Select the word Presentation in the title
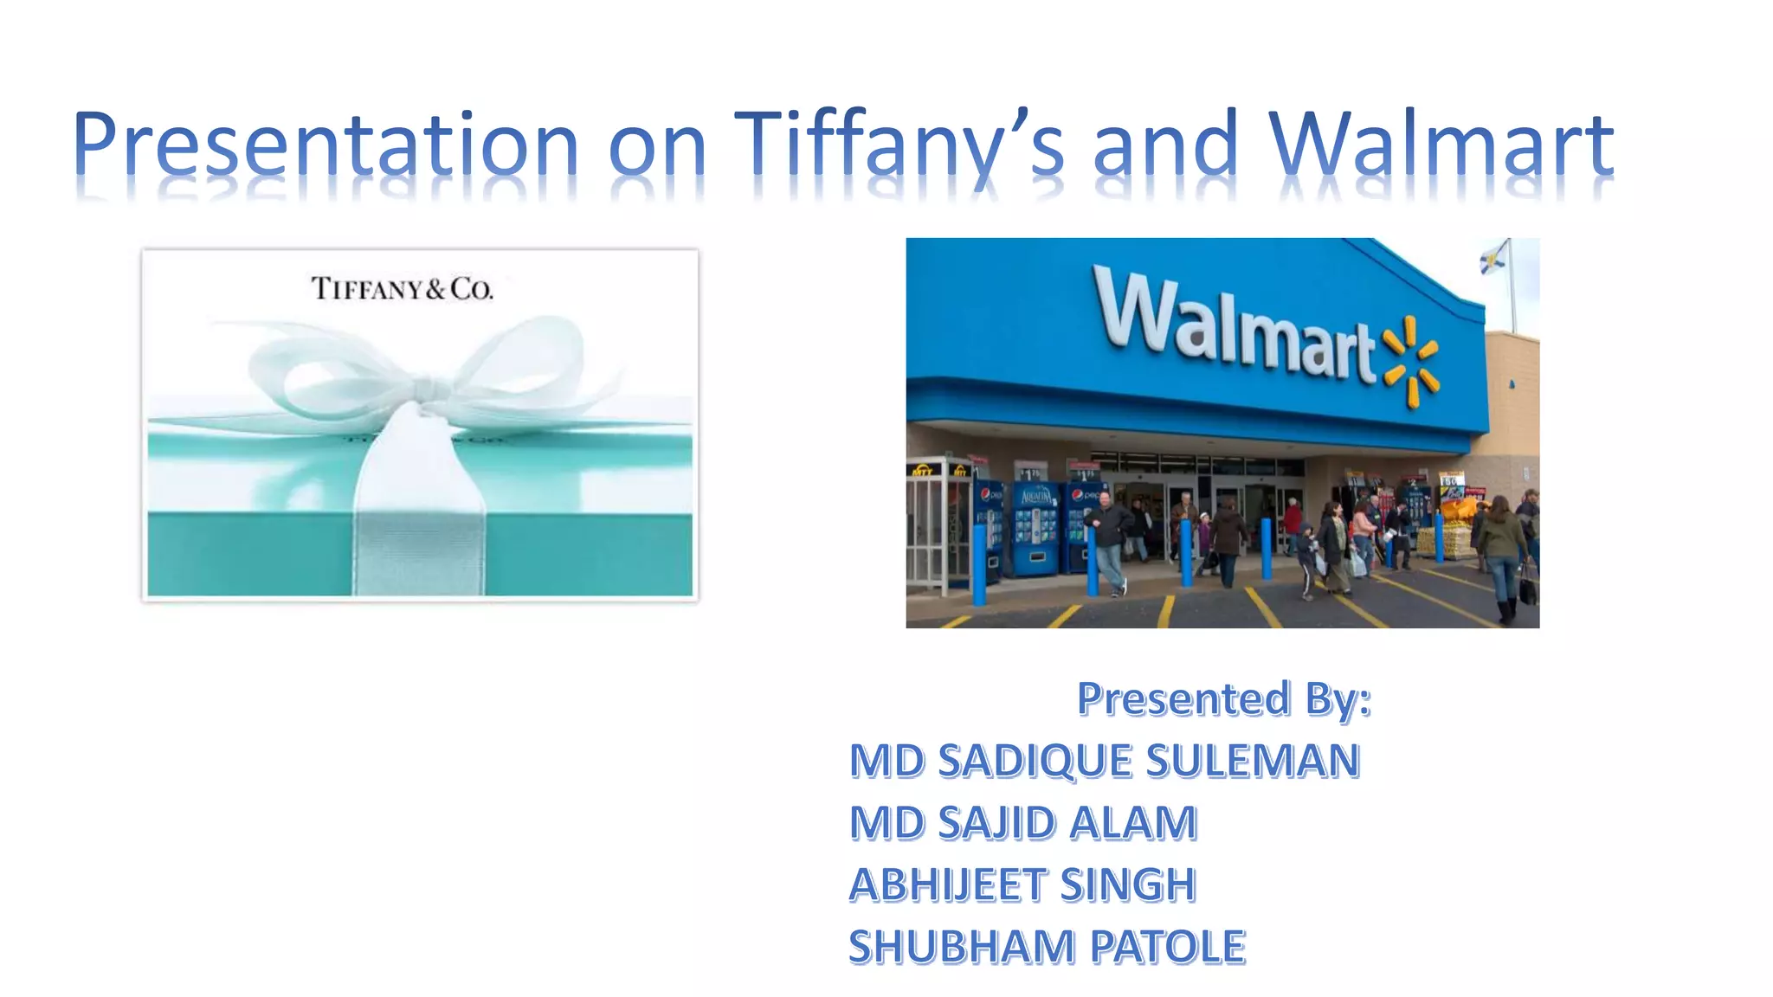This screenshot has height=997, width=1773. pyautogui.click(x=326, y=144)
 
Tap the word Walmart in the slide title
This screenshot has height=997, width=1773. pyautogui.click(x=1441, y=144)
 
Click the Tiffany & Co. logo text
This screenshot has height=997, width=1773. pyautogui.click(x=402, y=288)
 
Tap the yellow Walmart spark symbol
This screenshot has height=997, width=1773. pyautogui.click(x=1411, y=362)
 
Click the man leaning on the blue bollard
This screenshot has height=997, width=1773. pyautogui.click(x=1109, y=541)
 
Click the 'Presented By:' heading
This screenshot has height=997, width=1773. pyautogui.click(x=1223, y=698)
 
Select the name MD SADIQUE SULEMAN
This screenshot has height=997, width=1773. pyautogui.click(x=1105, y=761)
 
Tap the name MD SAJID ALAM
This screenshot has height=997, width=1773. pyautogui.click(x=1023, y=823)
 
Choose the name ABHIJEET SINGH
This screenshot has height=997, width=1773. pyautogui.click(x=1022, y=885)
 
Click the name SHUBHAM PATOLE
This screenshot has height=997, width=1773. pyautogui.click(x=1047, y=947)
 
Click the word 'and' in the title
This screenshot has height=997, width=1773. pyautogui.click(x=1165, y=144)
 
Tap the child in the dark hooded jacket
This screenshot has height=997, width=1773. pyautogui.click(x=1306, y=558)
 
